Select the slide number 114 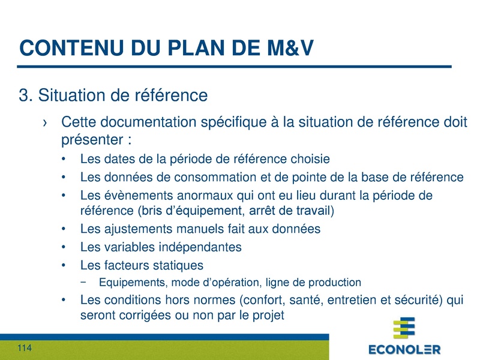[25, 349]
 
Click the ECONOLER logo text [404, 349]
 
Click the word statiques [174, 265]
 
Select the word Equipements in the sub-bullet [127, 282]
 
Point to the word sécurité [414, 299]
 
